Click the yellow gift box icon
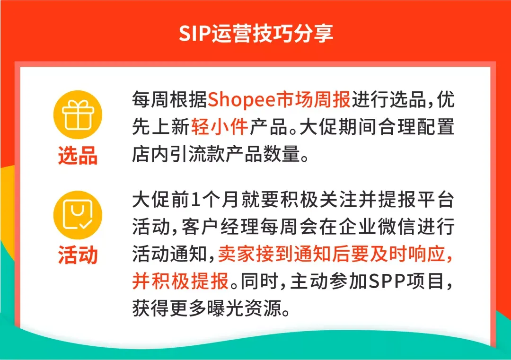click(x=78, y=114)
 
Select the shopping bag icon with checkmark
click(x=78, y=215)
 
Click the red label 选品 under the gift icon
click(x=78, y=155)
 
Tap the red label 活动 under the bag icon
click(x=78, y=255)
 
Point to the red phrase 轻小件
click(x=220, y=126)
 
